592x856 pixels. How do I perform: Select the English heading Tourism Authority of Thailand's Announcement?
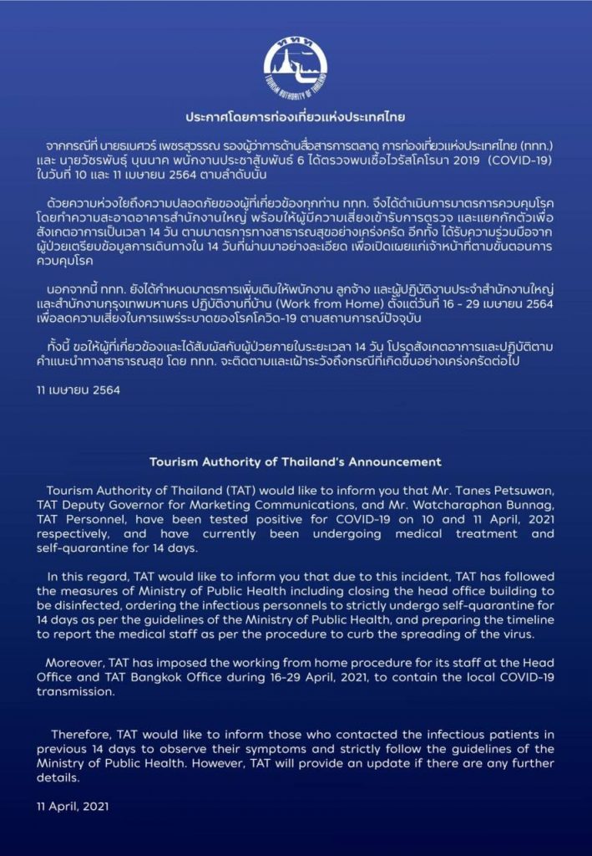(x=296, y=461)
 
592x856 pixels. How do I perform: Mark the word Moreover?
(x=76, y=663)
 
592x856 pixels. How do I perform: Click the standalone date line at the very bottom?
(x=73, y=808)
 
